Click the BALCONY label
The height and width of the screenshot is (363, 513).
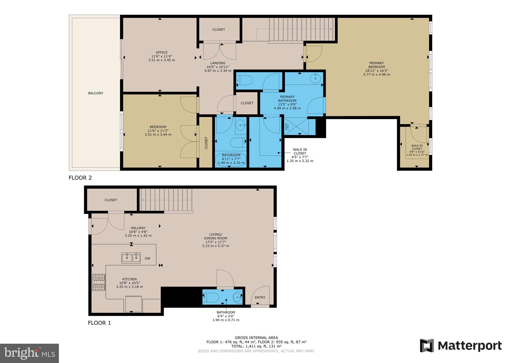coord(96,93)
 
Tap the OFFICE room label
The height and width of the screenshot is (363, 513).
coord(161,53)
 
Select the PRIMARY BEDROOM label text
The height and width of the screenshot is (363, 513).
coord(377,65)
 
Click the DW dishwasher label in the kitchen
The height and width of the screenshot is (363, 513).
coord(147,258)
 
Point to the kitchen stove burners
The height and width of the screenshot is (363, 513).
coord(98,282)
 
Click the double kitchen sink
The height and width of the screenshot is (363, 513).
coord(131,258)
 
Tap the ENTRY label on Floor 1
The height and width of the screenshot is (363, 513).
coord(260,298)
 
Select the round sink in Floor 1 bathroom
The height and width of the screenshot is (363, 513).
coord(237,298)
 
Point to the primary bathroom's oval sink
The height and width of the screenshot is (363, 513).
coord(315,78)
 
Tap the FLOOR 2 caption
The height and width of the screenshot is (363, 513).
coord(80,178)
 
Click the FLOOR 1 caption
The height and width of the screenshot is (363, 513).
coord(99,323)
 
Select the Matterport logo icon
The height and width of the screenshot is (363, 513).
coord(427,346)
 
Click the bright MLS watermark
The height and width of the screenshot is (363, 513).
coord(30,353)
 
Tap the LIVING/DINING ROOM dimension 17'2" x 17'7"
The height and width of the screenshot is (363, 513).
coord(216,242)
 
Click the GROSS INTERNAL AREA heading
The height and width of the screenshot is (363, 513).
coord(256,338)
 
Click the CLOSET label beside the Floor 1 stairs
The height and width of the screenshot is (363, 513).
coord(111,200)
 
